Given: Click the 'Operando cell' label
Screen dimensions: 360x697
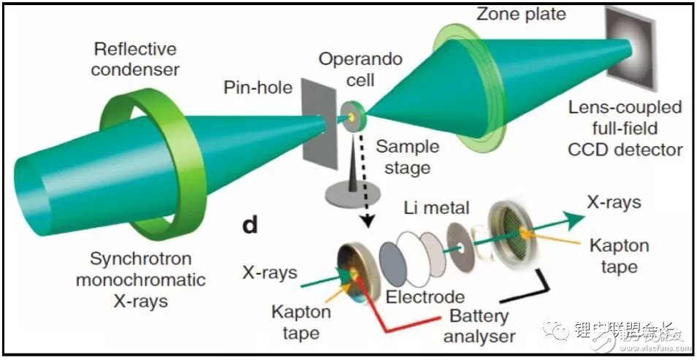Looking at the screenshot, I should (x=363, y=69).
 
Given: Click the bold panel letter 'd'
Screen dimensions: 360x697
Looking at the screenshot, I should (x=250, y=225).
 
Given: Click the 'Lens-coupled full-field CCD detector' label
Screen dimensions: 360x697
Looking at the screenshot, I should (x=627, y=129).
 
